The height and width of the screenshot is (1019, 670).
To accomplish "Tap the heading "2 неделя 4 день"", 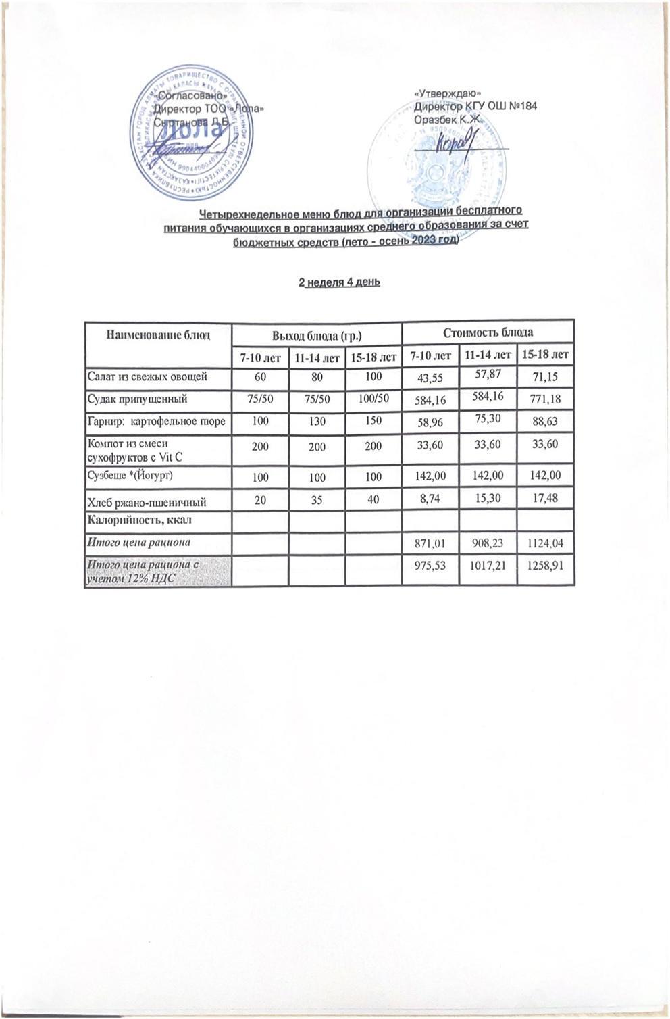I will tap(339, 282).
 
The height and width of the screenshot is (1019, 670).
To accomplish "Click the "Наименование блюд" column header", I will tap(157, 334).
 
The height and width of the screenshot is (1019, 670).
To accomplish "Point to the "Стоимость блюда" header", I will tap(488, 332).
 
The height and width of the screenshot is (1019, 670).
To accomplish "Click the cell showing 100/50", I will tap(373, 399).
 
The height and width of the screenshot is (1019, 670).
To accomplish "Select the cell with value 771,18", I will tap(545, 400).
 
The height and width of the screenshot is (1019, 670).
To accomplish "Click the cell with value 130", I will tap(316, 421).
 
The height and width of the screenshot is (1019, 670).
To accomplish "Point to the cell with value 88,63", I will tap(545, 422).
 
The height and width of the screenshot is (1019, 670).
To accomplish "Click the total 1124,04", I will tap(545, 543).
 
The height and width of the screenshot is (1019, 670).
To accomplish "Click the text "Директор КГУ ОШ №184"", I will tap(475, 106).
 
